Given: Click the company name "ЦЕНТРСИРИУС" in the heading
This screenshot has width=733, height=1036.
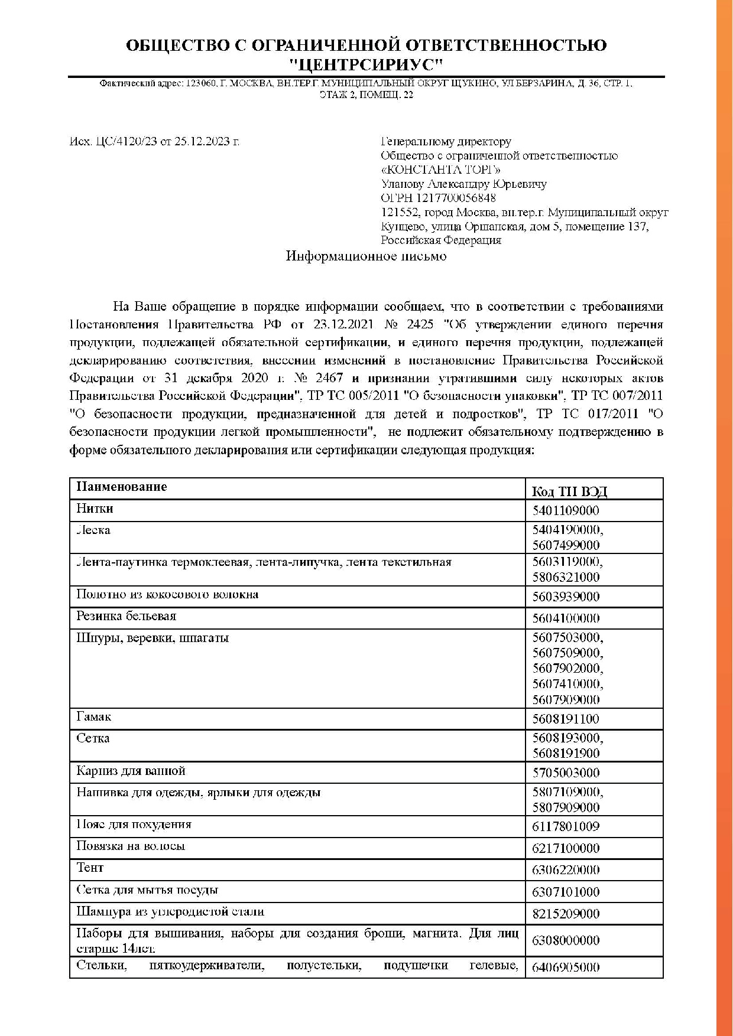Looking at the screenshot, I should pyautogui.click(x=366, y=64).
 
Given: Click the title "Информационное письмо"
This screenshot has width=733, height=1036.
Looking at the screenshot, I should pyautogui.click(x=366, y=256).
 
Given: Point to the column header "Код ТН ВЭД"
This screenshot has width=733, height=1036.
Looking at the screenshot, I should pyautogui.click(x=569, y=491).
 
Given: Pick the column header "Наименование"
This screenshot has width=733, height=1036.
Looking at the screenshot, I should pyautogui.click(x=121, y=487).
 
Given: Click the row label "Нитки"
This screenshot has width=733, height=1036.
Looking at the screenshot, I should pyautogui.click(x=95, y=509).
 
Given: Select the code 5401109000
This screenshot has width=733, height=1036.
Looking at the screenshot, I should pyautogui.click(x=566, y=511).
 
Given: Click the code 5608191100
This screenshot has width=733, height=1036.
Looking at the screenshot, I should pyautogui.click(x=566, y=719).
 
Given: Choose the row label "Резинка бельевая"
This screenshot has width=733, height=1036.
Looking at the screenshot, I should pyautogui.click(x=126, y=616).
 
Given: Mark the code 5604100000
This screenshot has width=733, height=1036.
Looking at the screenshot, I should pyautogui.click(x=566, y=618).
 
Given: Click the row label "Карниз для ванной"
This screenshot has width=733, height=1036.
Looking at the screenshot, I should pyautogui.click(x=131, y=771).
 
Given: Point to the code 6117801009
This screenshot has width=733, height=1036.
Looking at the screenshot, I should pyautogui.click(x=566, y=826).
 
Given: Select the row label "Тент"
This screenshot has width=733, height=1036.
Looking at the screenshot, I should pyautogui.click(x=90, y=868).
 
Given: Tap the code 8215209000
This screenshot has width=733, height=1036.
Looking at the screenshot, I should pyautogui.click(x=566, y=914).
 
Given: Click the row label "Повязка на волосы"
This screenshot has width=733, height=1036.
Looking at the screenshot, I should pyautogui.click(x=131, y=846).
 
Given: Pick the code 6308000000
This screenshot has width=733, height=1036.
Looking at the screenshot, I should pyautogui.click(x=566, y=940).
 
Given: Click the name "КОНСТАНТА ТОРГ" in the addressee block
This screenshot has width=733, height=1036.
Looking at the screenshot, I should pyautogui.click(x=440, y=170).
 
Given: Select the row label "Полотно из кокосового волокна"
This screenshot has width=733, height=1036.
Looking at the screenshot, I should pyautogui.click(x=167, y=594).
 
